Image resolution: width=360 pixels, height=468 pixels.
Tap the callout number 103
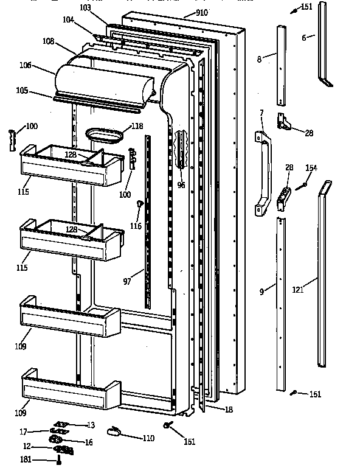click(x=85, y=7)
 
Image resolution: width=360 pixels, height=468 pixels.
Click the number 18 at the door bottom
click(x=227, y=410)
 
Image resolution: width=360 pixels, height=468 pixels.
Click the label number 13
click(x=91, y=425)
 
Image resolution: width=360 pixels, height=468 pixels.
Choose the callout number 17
click(x=23, y=432)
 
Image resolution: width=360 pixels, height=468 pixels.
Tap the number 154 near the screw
click(x=311, y=167)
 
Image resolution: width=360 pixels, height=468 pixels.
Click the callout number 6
click(x=303, y=38)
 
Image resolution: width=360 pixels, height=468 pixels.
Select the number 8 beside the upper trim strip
click(x=259, y=59)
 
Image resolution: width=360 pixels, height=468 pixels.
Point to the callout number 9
click(x=261, y=292)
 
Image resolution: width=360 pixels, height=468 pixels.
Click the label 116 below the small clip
click(x=136, y=226)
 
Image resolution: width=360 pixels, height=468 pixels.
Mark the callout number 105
click(x=22, y=91)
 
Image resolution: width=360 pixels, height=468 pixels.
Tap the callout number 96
click(x=181, y=185)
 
